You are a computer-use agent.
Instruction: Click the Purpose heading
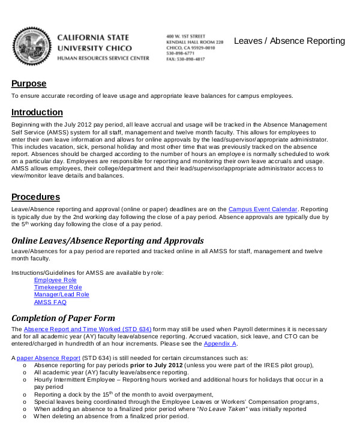tap(29, 83)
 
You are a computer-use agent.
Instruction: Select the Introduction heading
tap(37, 112)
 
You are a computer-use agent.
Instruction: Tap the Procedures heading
tap(35, 197)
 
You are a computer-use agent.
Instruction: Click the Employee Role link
tap(55, 280)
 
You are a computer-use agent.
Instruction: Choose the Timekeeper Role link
tap(58, 287)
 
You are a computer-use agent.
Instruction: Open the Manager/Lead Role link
tap(61, 295)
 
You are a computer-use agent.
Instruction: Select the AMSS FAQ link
tap(50, 302)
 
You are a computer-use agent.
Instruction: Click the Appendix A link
tap(220, 344)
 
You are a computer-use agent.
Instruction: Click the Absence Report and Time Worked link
tap(88, 329)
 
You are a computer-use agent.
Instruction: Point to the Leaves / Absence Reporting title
tap(289, 41)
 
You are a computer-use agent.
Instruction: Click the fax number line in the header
tap(185, 59)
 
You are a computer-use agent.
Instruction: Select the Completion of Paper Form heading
tap(63, 318)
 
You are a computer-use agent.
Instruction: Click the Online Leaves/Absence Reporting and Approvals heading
tap(107, 241)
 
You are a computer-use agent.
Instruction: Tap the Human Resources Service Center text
tap(103, 58)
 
